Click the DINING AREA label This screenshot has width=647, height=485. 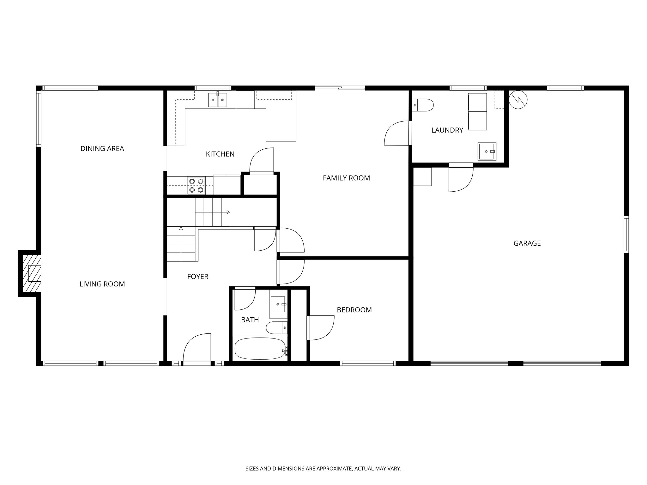(x=102, y=148)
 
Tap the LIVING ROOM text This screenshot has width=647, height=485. (x=102, y=284)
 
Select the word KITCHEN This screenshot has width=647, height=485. (x=220, y=154)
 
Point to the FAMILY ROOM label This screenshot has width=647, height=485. (x=346, y=178)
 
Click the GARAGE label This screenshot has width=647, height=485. (x=527, y=243)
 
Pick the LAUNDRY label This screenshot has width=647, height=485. (x=447, y=130)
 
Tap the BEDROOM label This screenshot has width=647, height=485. (x=354, y=310)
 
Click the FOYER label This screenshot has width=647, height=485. (x=197, y=277)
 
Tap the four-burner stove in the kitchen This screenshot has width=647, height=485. (x=196, y=185)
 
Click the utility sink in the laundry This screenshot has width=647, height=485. (x=487, y=151)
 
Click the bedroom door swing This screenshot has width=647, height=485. (x=321, y=328)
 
